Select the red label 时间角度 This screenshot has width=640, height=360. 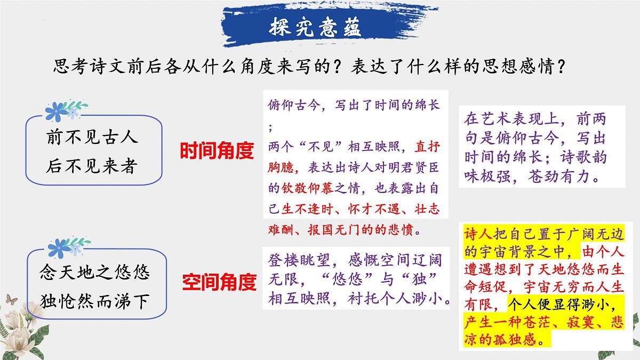click(216, 151)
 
